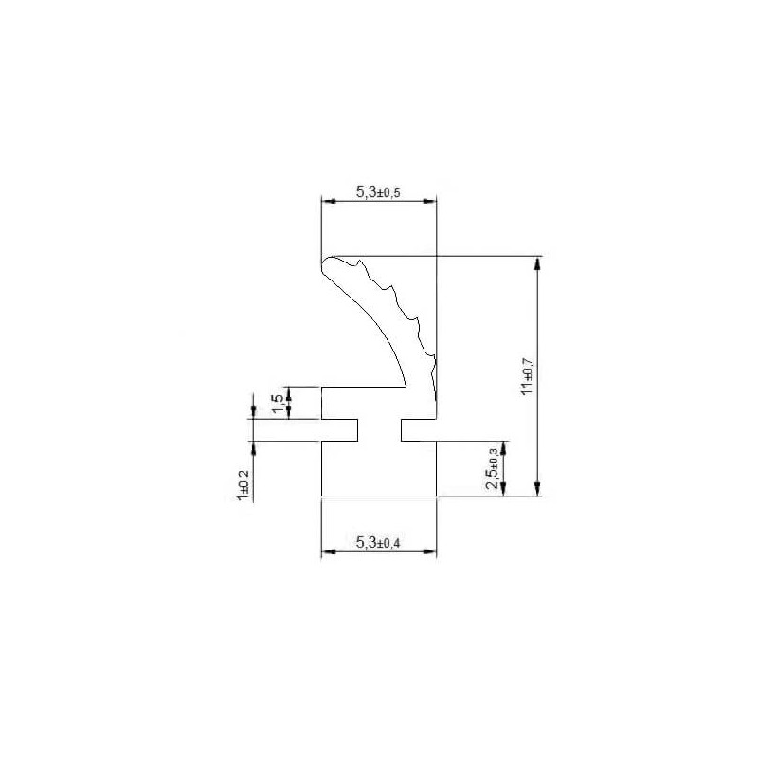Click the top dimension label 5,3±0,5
378,192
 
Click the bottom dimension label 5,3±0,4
378,543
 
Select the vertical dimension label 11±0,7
528,376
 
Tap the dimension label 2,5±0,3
493,468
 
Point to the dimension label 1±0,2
244,485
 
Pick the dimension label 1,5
277,405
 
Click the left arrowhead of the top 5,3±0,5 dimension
328,201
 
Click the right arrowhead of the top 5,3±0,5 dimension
430,201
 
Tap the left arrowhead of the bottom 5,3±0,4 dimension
328,551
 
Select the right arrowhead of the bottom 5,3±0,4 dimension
430,551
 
